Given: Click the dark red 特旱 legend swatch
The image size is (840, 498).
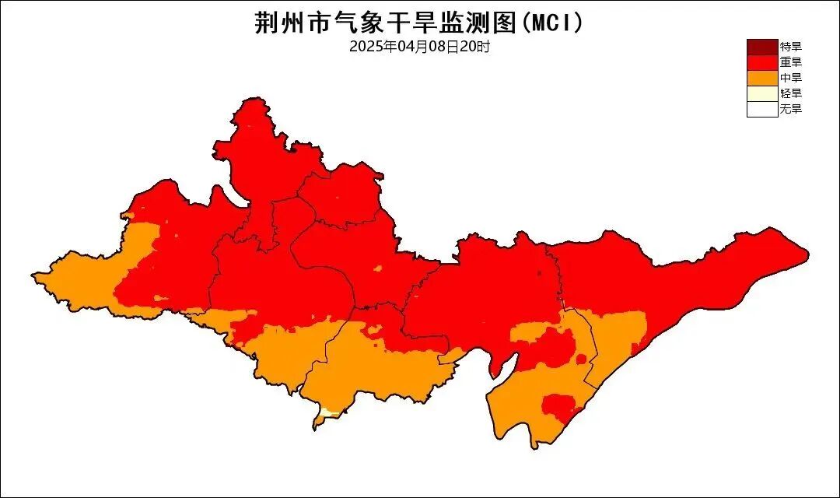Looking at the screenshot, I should (x=762, y=47).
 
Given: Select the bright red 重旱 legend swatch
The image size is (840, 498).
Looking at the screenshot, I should (x=762, y=62).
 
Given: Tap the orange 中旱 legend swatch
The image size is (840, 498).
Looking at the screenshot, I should (x=762, y=78).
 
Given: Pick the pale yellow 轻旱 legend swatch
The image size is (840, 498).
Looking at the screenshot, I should (x=762, y=93).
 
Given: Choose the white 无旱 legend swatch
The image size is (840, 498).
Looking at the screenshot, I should (x=762, y=109).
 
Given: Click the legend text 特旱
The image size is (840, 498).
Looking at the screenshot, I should (x=790, y=47).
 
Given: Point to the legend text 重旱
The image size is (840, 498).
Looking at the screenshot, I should (x=790, y=62).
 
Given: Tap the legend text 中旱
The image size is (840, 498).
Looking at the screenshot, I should (x=790, y=78).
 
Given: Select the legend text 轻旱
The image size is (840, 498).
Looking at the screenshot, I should (x=790, y=93).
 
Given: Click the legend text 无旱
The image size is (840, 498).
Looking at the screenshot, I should (x=790, y=109).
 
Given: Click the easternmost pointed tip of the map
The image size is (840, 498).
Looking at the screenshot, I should (x=807, y=252).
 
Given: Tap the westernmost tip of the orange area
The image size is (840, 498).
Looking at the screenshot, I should (x=34, y=274).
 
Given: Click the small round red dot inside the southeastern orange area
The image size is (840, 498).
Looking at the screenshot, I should (x=580, y=359).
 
